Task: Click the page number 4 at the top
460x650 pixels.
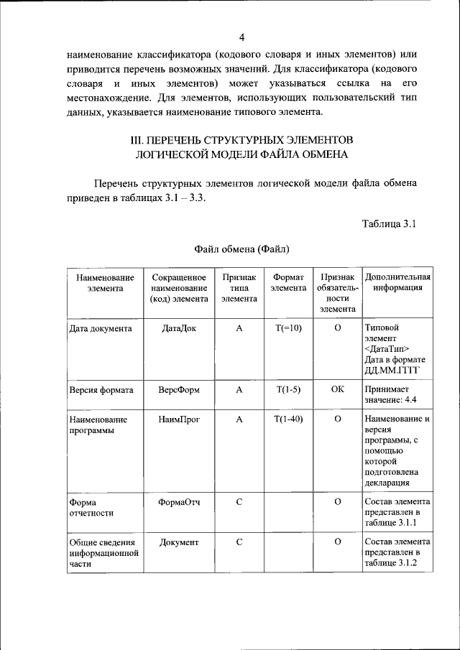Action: [242, 37]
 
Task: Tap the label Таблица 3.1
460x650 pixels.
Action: [389, 223]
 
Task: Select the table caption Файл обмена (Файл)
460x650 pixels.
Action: [241, 249]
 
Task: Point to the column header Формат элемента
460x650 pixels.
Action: [288, 282]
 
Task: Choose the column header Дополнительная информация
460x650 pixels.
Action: [397, 282]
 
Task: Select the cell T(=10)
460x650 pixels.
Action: [288, 328]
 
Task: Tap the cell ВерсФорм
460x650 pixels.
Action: [179, 390]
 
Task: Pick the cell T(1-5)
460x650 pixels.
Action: [288, 390]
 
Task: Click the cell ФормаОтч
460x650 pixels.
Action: [179, 501]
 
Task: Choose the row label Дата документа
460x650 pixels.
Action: [100, 328]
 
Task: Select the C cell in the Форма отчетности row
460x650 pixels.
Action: [239, 501]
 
